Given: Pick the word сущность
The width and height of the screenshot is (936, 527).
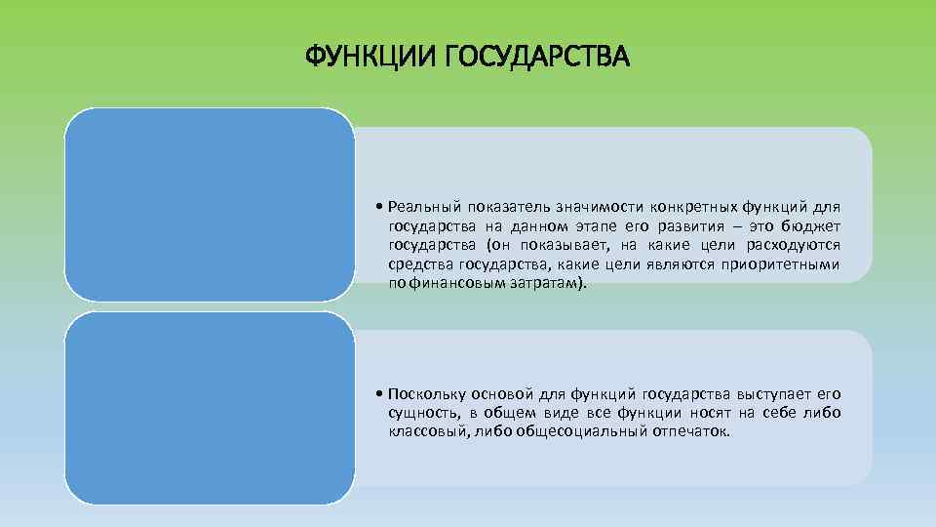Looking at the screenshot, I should (419, 413).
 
